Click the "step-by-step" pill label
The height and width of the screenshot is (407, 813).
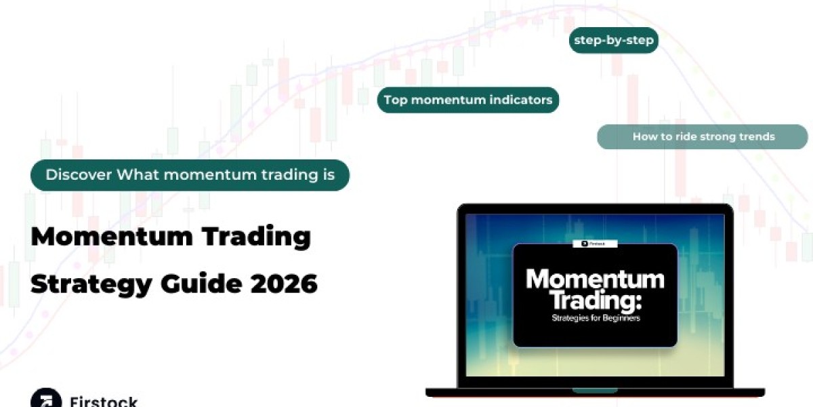[614, 40]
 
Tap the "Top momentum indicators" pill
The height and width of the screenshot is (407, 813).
[468, 100]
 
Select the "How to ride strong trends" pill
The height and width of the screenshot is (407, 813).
[703, 136]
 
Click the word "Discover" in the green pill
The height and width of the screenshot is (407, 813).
[79, 175]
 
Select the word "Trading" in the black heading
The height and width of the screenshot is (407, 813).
[257, 237]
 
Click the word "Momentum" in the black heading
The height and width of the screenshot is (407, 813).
[112, 237]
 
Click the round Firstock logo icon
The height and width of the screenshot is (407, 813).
[46, 398]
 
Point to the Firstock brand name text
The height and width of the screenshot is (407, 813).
[104, 402]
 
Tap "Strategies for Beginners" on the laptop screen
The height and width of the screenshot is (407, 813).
[596, 318]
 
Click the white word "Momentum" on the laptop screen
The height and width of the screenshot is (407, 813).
[596, 279]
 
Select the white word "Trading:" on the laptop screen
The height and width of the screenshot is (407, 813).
[596, 301]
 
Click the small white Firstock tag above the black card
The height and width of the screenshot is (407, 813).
[595, 244]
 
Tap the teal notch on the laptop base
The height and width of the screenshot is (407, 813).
[595, 391]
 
